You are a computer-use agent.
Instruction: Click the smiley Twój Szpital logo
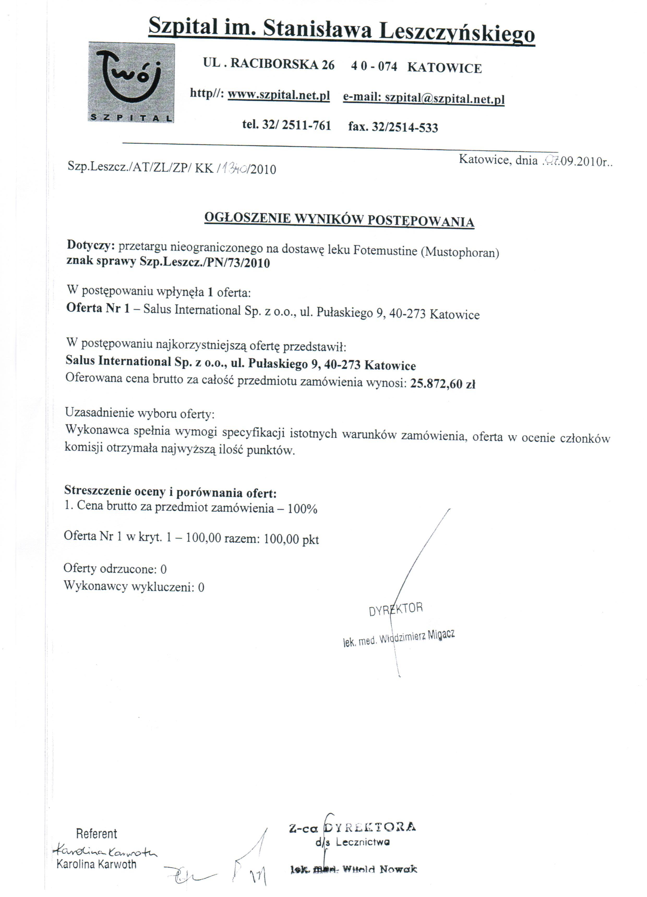(131, 82)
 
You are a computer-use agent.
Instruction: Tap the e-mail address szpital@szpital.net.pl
(445, 98)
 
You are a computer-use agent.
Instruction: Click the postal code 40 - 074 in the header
(374, 66)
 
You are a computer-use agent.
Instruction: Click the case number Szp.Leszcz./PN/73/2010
(205, 263)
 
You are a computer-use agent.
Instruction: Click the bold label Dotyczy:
(91, 245)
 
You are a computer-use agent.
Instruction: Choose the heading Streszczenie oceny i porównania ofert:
(170, 492)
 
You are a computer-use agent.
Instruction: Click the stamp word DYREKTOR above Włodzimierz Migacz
(396, 609)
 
